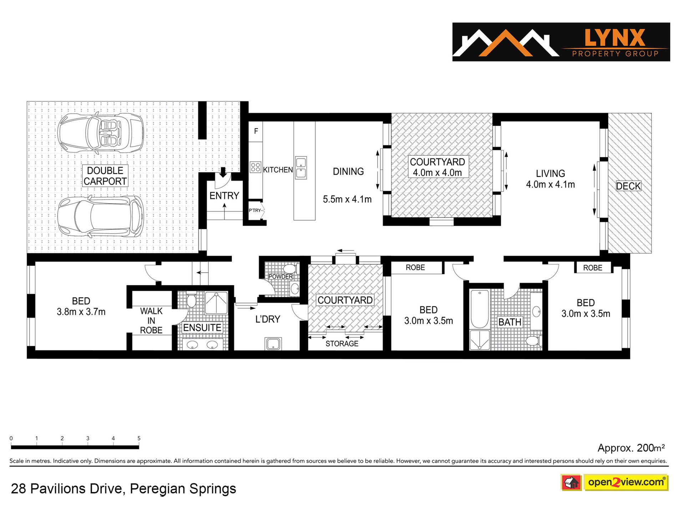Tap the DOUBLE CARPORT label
pyautogui.click(x=105, y=176)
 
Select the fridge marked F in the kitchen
pyautogui.click(x=256, y=131)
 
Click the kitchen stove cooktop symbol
pyautogui.click(x=255, y=167)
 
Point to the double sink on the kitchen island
pyautogui.click(x=301, y=168)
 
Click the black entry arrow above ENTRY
pyautogui.click(x=223, y=173)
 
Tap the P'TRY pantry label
pyautogui.click(x=255, y=210)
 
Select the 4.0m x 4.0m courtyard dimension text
pyautogui.click(x=437, y=173)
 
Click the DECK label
pyautogui.click(x=628, y=186)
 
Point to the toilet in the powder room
pyautogui.click(x=290, y=269)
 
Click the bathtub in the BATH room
pyautogui.click(x=479, y=309)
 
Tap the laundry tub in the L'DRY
pyautogui.click(x=273, y=344)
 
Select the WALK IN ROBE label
pyautogui.click(x=151, y=321)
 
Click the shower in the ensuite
pyautogui.click(x=216, y=303)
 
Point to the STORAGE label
pyautogui.click(x=342, y=344)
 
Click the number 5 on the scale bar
pyautogui.click(x=139, y=438)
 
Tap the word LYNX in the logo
pyautogui.click(x=615, y=38)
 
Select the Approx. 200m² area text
pyautogui.click(x=631, y=448)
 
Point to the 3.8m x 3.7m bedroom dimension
pyautogui.click(x=81, y=312)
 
